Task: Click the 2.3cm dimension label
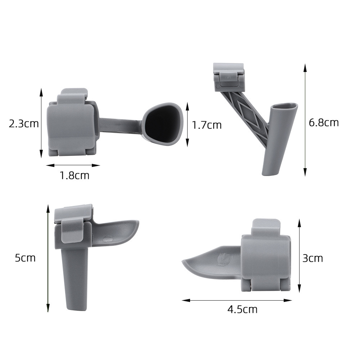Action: coord(24,124)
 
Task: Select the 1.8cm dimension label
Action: coord(74,176)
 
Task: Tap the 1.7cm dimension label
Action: coord(207,125)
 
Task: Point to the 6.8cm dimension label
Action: coord(324,123)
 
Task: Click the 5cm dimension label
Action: coord(25,258)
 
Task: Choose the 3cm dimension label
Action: coord(312,258)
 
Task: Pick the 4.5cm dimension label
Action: coord(242,309)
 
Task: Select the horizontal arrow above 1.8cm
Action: coord(73,166)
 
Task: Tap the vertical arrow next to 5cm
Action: coord(48,258)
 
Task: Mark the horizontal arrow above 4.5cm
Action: coord(237,300)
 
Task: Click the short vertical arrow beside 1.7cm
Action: coord(187,124)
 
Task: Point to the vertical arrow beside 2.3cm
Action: coord(41,123)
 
